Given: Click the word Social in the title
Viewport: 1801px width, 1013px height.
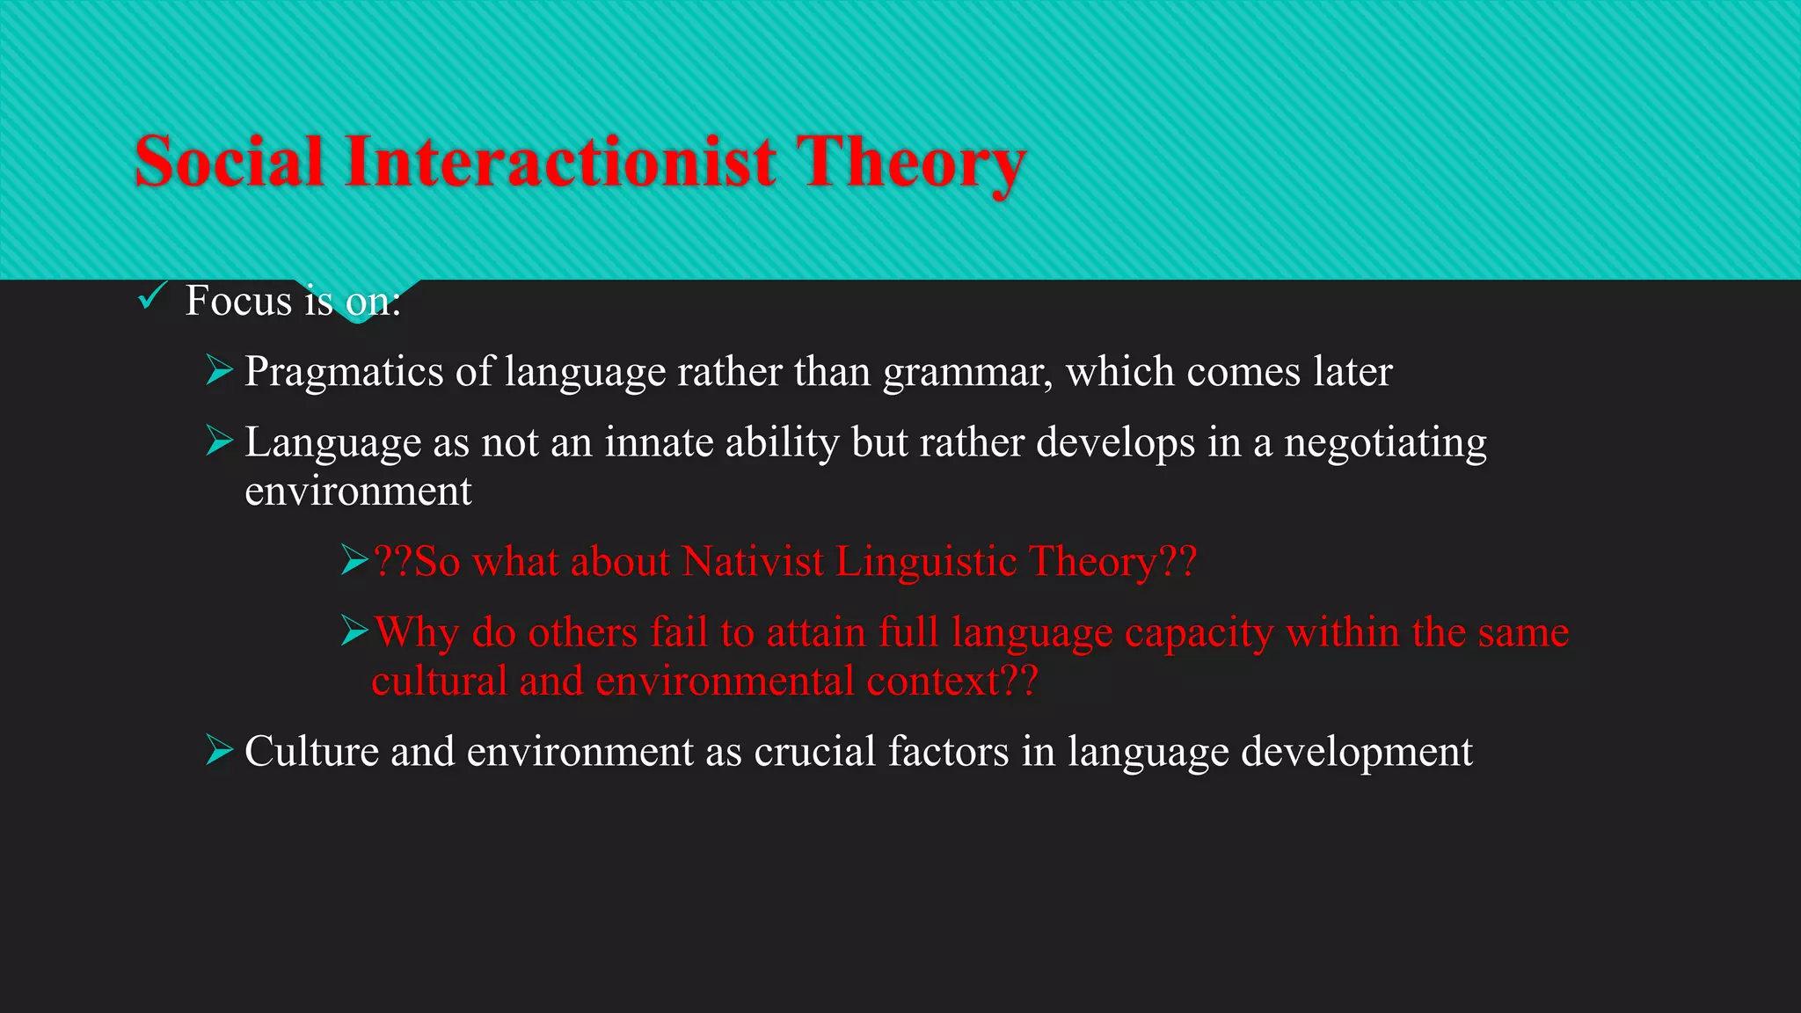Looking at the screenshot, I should (x=229, y=163).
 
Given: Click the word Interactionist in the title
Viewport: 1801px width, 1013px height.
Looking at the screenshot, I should (x=560, y=163).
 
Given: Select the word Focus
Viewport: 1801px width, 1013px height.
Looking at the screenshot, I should (x=238, y=302).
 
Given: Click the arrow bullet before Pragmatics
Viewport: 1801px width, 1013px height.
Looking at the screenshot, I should (x=219, y=370).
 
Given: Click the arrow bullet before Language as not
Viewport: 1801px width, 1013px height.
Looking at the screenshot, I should (x=219, y=441).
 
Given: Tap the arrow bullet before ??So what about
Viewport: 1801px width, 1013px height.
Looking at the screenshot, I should (x=354, y=559).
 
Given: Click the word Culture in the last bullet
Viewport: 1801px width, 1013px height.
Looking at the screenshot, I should (x=311, y=753).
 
